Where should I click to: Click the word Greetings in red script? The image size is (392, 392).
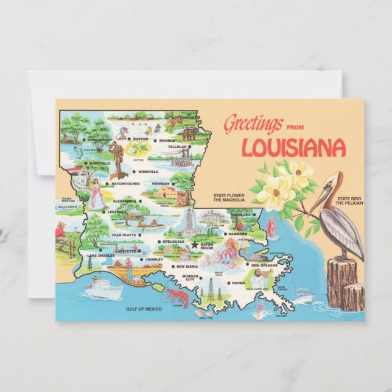pyautogui.click(x=253, y=124)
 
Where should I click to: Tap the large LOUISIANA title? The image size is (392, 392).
pyautogui.click(x=293, y=148)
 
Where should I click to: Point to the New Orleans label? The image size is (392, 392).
pyautogui.click(x=265, y=266)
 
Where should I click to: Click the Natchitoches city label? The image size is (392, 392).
pyautogui.click(x=126, y=184)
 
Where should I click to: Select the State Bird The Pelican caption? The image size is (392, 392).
pyautogui.click(x=350, y=201)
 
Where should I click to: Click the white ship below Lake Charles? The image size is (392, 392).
pyautogui.click(x=103, y=287)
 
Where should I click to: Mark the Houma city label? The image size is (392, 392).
pyautogui.click(x=239, y=283)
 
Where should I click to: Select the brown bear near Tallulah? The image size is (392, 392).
pyautogui.click(x=190, y=134)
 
